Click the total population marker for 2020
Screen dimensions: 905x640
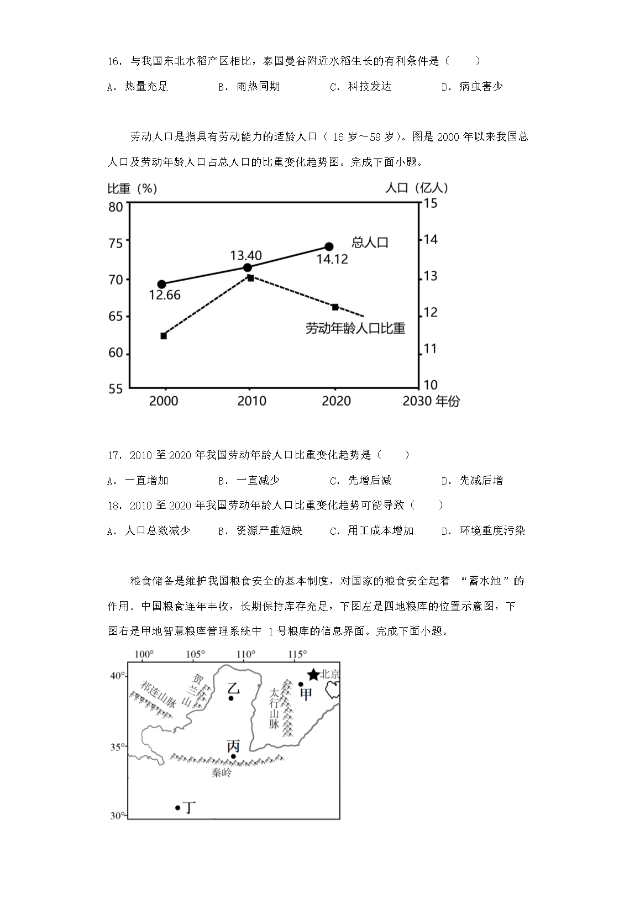pyautogui.click(x=329, y=246)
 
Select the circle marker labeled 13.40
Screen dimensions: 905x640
pyautogui.click(x=248, y=268)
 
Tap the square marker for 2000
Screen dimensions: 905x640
pyautogui.click(x=164, y=336)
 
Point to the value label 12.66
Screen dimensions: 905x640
pyautogui.click(x=165, y=295)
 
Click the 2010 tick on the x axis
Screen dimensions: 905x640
pyautogui.click(x=251, y=401)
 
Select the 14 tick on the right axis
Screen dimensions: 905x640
pyautogui.click(x=430, y=240)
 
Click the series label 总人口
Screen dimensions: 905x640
pyautogui.click(x=370, y=243)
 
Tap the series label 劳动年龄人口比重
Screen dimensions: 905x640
pyautogui.click(x=355, y=329)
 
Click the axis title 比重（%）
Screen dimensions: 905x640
pyautogui.click(x=132, y=188)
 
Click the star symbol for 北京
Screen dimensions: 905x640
pyautogui.click(x=313, y=674)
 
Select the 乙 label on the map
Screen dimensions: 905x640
pyautogui.click(x=233, y=688)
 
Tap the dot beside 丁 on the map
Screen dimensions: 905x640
pyautogui.click(x=177, y=807)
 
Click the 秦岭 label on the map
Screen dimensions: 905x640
pyautogui.click(x=221, y=773)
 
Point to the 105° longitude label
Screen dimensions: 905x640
pyautogui.click(x=195, y=655)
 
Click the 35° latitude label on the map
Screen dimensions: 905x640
pyautogui.click(x=117, y=747)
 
